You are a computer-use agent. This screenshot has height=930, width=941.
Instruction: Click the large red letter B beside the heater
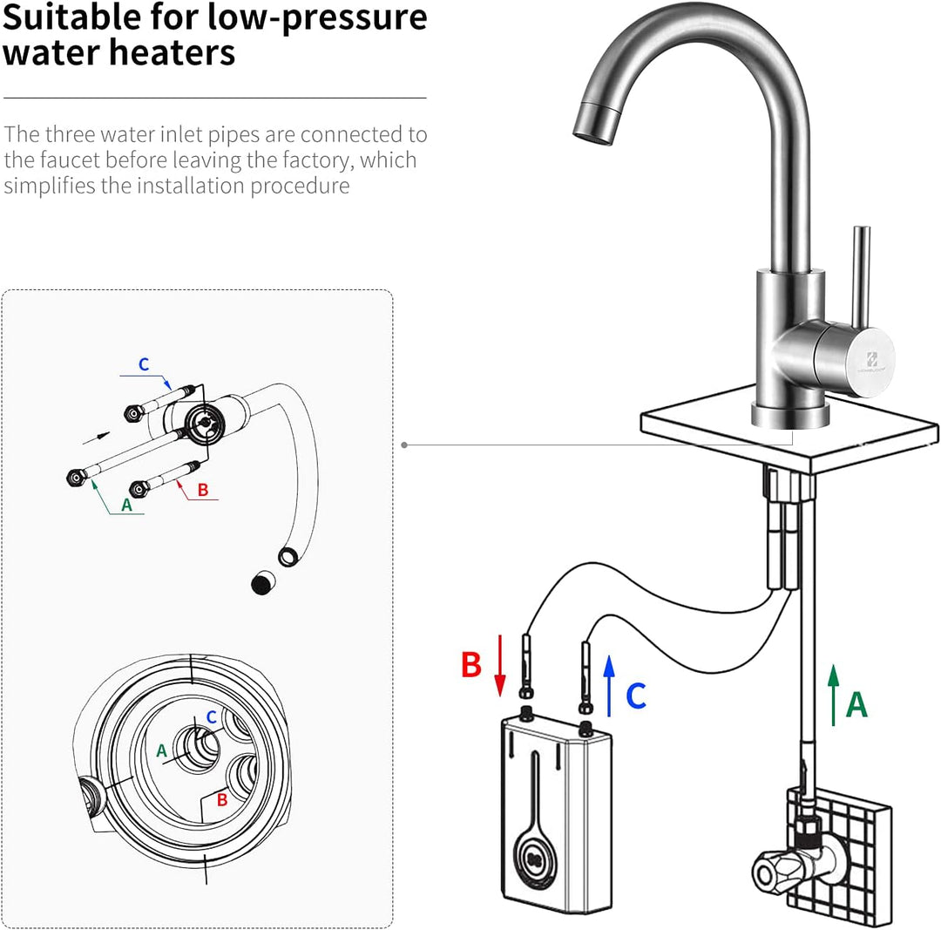(x=471, y=664)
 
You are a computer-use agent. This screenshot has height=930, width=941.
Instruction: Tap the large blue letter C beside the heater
(x=636, y=695)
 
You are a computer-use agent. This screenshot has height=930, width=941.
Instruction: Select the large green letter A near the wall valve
(x=856, y=703)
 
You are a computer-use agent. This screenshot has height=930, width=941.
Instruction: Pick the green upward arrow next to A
(x=833, y=695)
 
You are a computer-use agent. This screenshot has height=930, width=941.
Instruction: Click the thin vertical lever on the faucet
(x=861, y=270)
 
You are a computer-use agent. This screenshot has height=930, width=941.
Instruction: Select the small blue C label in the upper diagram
(x=143, y=364)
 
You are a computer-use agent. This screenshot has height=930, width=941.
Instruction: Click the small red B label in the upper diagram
(x=203, y=490)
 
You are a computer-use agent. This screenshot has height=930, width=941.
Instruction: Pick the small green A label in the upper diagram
(x=126, y=504)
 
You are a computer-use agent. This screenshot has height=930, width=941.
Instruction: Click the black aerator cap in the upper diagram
(x=260, y=584)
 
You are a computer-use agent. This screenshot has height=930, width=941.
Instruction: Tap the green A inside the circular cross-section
(x=160, y=749)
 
